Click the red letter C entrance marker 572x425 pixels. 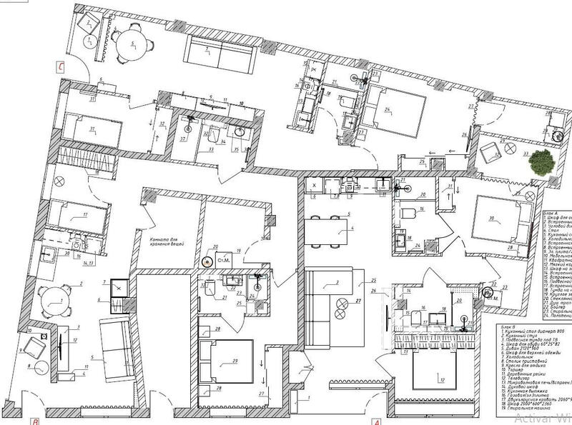click(61, 69)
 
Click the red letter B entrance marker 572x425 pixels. click(34, 421)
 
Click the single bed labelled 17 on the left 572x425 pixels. click(81, 215)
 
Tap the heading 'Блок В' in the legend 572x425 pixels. click(509, 330)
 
